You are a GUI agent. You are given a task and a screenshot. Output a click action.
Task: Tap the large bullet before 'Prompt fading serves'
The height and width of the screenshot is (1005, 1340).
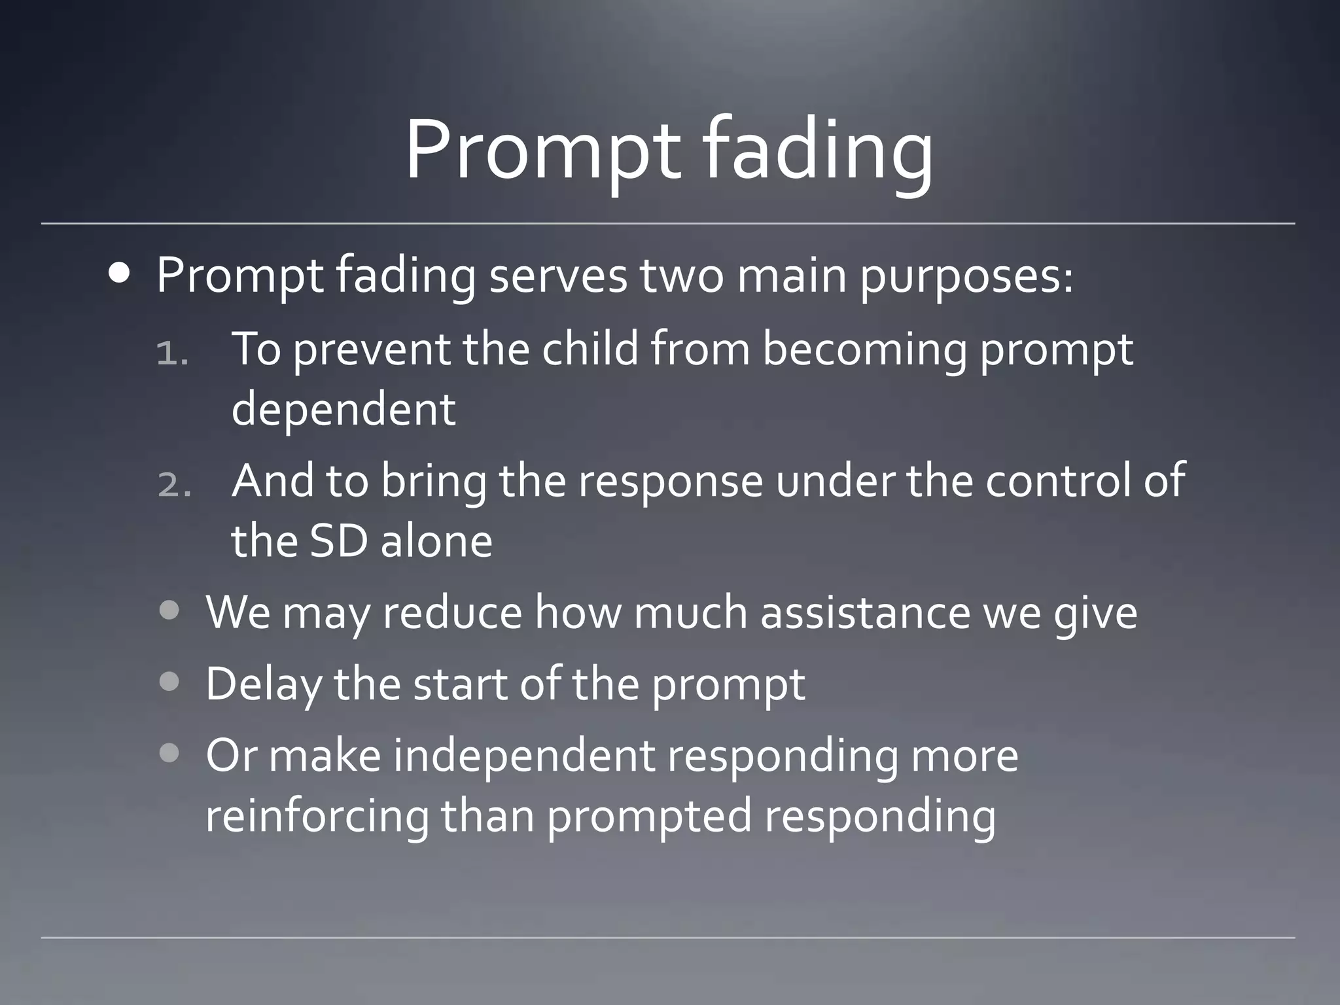pyautogui.click(x=120, y=274)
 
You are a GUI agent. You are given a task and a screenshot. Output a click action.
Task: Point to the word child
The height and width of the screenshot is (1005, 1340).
pyautogui.click(x=590, y=349)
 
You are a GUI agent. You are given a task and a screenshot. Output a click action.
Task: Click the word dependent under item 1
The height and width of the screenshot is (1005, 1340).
pyautogui.click(x=344, y=410)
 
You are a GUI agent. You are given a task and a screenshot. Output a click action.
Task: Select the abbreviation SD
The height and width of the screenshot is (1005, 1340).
pyautogui.click(x=336, y=541)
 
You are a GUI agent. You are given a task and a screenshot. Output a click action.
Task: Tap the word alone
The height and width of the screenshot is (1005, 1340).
pyautogui.click(x=436, y=541)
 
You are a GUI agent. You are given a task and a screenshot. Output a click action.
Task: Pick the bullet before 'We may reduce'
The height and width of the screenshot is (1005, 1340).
pyautogui.click(x=169, y=611)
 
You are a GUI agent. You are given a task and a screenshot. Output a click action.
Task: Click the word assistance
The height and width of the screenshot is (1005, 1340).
pyautogui.click(x=865, y=612)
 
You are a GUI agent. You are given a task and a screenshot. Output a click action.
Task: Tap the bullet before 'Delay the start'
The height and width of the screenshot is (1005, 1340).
pyautogui.click(x=169, y=683)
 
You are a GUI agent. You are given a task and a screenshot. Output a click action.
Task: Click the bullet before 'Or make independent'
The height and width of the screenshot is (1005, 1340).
pyautogui.click(x=169, y=754)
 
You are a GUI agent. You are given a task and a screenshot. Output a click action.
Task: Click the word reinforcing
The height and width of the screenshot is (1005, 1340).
pyautogui.click(x=317, y=817)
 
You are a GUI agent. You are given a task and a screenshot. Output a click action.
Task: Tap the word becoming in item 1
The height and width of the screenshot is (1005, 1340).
pyautogui.click(x=864, y=350)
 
